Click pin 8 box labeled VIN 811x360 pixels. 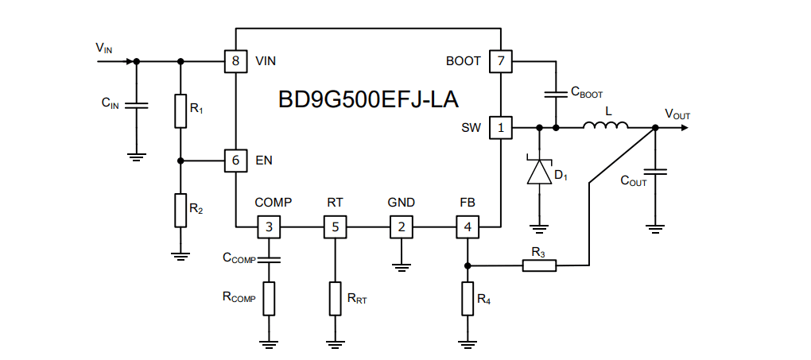(x=236, y=61)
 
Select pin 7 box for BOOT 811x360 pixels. (x=500, y=61)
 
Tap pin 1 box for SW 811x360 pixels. (x=500, y=127)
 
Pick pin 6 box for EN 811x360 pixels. (x=236, y=161)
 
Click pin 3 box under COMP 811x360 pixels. (x=269, y=227)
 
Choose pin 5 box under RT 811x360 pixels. (x=335, y=227)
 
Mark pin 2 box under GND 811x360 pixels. (x=401, y=227)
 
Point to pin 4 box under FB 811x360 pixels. (x=468, y=227)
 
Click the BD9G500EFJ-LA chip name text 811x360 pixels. (x=368, y=99)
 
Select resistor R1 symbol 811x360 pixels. (x=180, y=111)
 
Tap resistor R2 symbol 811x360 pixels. (x=180, y=210)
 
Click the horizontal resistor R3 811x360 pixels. (x=539, y=266)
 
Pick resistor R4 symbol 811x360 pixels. (x=468, y=300)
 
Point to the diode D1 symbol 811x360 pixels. (x=540, y=172)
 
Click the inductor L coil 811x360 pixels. (x=606, y=126)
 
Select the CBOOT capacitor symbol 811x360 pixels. (x=556, y=94)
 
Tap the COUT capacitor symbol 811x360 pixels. (x=655, y=172)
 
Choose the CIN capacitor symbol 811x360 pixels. (x=136, y=105)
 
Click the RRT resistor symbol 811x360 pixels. (x=335, y=300)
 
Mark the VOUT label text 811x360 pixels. (x=677, y=114)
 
